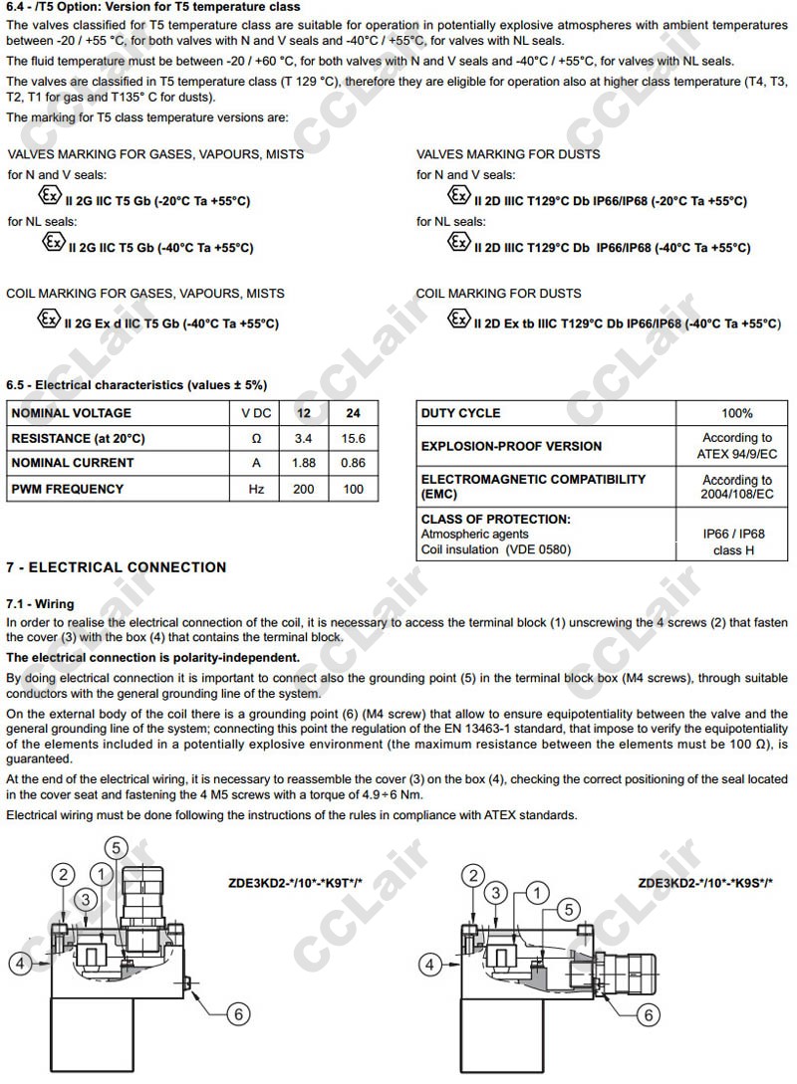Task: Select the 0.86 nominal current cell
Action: (x=353, y=463)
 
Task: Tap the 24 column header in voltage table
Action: (x=353, y=413)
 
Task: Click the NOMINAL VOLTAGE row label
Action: (x=71, y=413)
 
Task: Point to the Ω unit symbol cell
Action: (x=256, y=438)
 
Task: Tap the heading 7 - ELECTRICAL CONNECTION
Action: (x=117, y=567)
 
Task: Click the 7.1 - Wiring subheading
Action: (x=40, y=604)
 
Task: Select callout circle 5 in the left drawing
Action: (x=117, y=848)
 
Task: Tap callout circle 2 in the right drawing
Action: (x=472, y=875)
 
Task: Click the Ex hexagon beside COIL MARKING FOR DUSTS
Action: (x=458, y=320)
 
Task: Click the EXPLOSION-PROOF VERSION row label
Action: (x=511, y=446)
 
